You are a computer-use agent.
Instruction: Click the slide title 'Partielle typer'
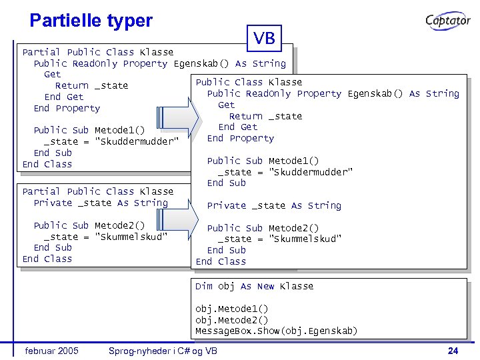91,21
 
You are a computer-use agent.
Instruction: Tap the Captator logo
448,21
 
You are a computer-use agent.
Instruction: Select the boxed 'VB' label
265,39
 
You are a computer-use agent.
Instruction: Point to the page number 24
453,351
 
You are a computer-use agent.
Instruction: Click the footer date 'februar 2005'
51,351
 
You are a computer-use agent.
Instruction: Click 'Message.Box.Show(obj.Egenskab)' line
276,331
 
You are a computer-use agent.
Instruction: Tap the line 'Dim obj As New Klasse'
254,286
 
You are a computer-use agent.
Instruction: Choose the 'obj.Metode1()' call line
232,309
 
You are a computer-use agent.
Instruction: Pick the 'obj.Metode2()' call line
232,320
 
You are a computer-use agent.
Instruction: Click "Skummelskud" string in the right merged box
305,239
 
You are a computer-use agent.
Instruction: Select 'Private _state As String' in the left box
101,203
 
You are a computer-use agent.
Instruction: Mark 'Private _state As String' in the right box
274,205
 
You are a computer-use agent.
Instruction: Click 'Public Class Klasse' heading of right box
249,82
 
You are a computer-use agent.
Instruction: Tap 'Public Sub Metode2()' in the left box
89,225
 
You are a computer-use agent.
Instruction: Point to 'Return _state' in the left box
91,85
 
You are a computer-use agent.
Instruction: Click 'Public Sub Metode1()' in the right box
263,161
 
